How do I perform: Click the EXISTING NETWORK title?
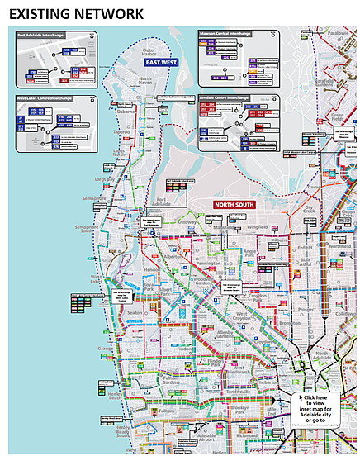[75, 13]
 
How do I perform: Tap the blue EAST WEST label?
[162, 62]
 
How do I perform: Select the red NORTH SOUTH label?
[234, 204]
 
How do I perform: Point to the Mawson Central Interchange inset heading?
[225, 35]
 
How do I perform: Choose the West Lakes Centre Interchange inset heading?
[45, 98]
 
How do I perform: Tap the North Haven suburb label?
[144, 79]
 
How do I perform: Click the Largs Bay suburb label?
[106, 178]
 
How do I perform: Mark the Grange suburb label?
[105, 350]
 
